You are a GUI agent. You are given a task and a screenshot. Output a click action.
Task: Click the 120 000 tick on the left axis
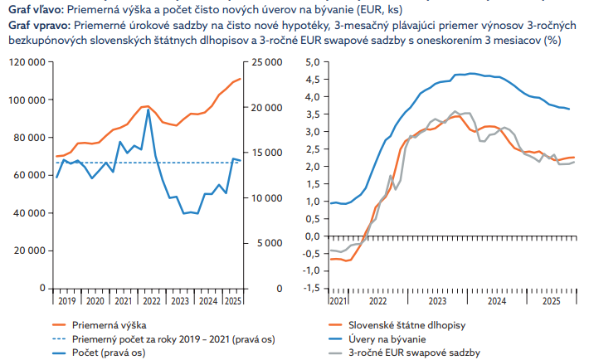[27, 62]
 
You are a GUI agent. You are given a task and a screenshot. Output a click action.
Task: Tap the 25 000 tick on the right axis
[267, 62]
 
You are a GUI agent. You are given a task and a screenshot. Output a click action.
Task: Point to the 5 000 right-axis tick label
[265, 242]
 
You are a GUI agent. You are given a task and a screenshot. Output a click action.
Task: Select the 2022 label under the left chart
[151, 302]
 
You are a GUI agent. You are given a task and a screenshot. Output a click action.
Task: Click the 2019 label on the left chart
[66, 302]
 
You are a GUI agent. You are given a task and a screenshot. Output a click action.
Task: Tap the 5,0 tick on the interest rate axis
[313, 62]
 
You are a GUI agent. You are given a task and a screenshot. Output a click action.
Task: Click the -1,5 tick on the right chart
[311, 288]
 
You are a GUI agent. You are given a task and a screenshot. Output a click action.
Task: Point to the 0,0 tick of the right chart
[313, 236]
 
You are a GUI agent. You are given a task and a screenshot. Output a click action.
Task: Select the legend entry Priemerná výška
[109, 324]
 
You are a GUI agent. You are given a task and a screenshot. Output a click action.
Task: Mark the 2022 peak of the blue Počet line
[148, 110]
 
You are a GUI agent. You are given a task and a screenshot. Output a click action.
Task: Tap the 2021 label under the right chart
[338, 302]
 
